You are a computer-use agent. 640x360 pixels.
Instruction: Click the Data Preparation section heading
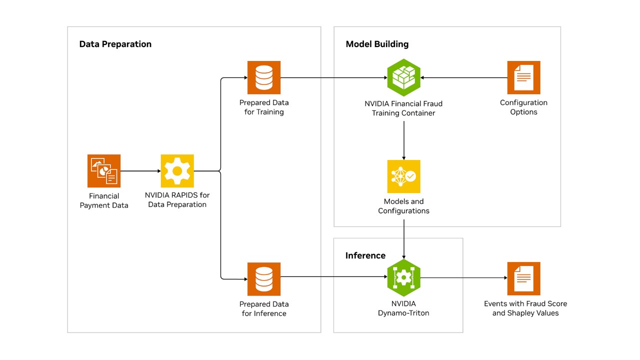pos(115,44)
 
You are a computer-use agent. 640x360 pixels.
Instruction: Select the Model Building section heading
pos(377,44)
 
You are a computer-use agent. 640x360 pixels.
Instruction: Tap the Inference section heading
pos(365,255)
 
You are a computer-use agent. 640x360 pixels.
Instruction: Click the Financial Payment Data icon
pos(104,170)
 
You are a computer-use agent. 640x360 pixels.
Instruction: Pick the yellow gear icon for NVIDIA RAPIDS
pos(177,170)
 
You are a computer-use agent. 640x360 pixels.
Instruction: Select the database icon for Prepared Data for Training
pos(264,77)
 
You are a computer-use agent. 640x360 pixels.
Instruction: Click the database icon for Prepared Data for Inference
pos(264,279)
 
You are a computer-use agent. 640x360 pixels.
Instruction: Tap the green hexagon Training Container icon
pos(403,77)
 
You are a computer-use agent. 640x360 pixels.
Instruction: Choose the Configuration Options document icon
pos(523,77)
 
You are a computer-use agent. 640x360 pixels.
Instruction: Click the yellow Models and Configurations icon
pos(403,176)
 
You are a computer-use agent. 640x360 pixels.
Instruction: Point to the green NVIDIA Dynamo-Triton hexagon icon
pos(403,278)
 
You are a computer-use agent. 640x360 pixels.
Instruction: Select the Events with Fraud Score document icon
pos(523,278)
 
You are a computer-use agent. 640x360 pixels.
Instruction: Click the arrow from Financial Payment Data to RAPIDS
pos(140,171)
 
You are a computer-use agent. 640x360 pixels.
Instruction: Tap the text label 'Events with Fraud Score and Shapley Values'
pos(525,308)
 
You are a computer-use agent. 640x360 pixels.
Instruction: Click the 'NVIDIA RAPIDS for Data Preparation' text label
pos(177,199)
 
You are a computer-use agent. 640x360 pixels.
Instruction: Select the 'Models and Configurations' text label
pos(403,206)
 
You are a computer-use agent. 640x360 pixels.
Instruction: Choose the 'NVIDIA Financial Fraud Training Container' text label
pos(403,108)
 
